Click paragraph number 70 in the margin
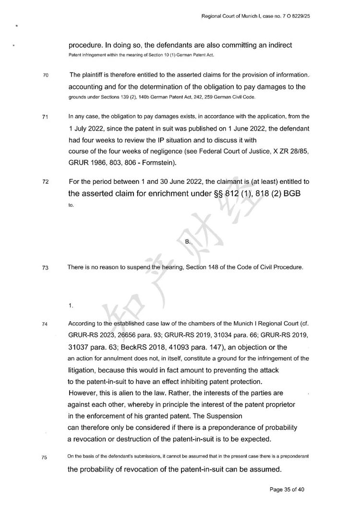[39, 76]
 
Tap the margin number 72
[39, 182]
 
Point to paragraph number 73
[39, 268]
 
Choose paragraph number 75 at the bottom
[39, 458]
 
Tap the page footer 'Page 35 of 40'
[287, 490]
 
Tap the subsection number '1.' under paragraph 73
[71, 305]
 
